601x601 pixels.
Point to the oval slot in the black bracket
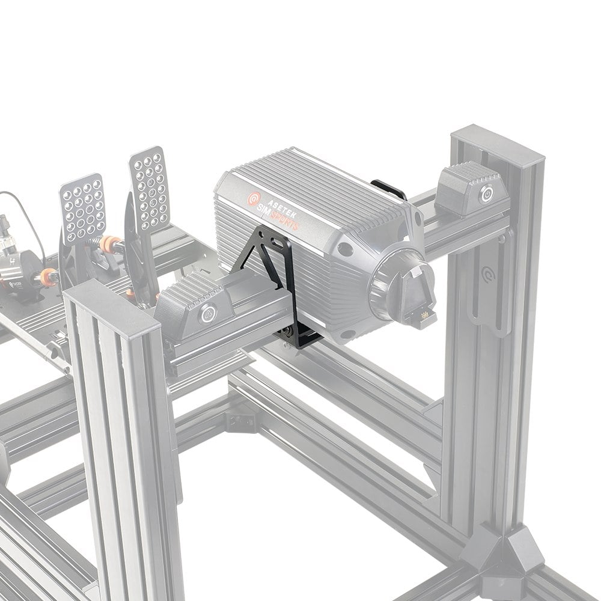click(x=278, y=244)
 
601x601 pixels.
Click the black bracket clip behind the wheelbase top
click(x=388, y=188)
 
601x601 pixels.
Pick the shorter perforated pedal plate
click(x=82, y=207)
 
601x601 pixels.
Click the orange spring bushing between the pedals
click(x=109, y=244)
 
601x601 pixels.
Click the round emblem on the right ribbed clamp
click(x=486, y=194)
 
